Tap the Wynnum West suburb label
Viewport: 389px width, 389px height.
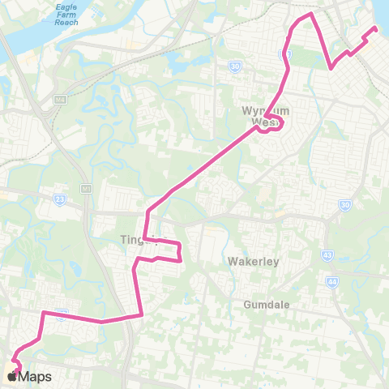click(261, 117)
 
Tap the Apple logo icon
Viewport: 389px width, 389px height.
click(13, 376)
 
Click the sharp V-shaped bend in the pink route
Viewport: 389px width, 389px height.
click(331, 68)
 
